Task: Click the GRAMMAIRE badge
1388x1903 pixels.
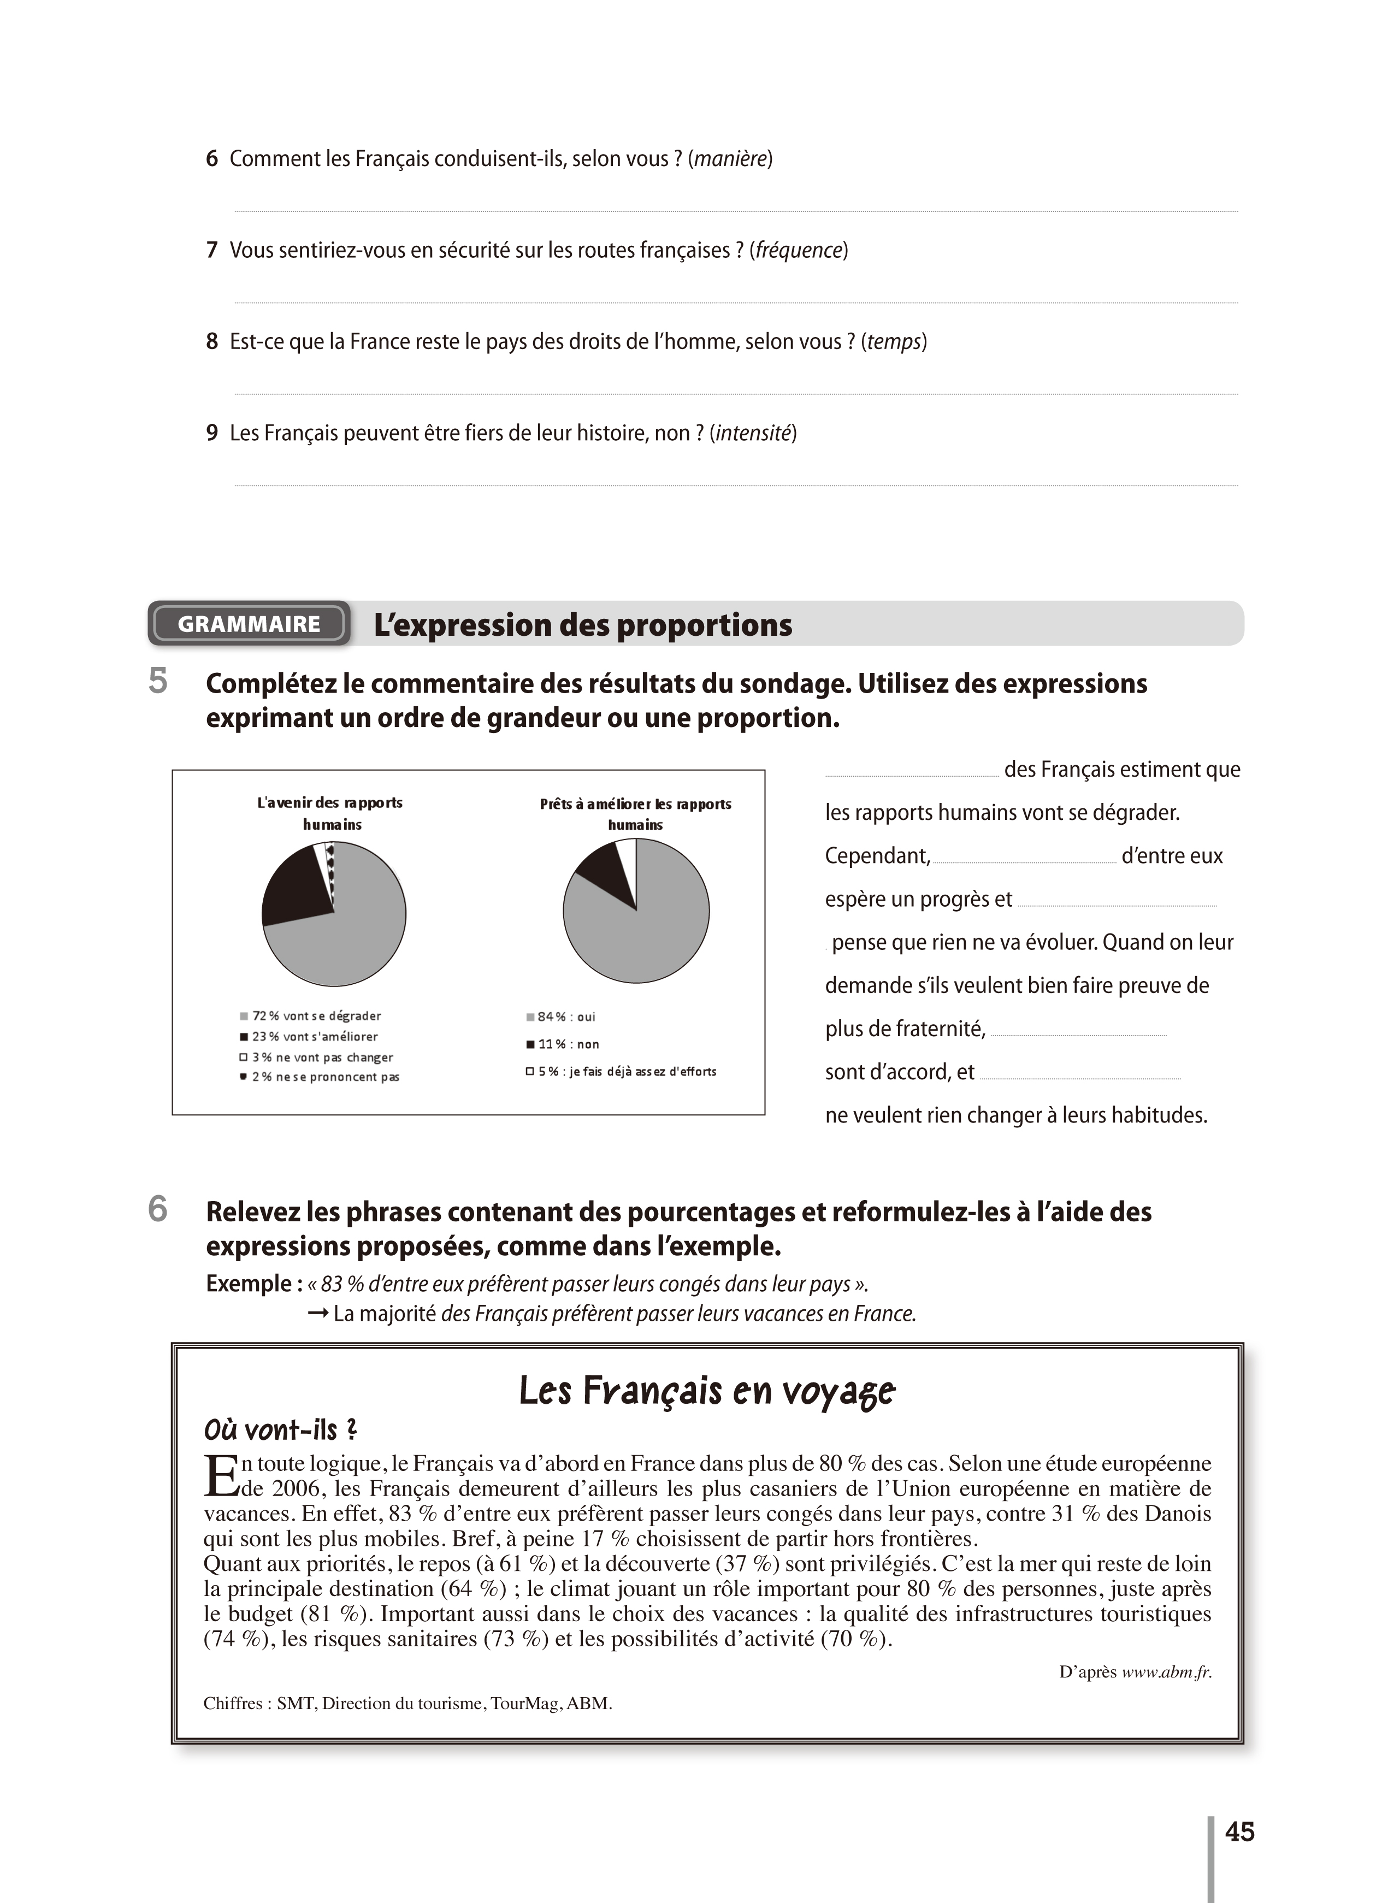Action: tap(249, 624)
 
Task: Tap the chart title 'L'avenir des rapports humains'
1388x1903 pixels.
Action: tap(330, 813)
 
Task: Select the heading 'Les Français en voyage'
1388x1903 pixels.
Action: tap(707, 1391)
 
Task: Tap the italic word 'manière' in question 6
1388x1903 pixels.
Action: tap(730, 159)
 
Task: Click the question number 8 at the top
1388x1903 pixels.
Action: tap(212, 342)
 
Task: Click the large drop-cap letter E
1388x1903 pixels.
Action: tap(221, 1476)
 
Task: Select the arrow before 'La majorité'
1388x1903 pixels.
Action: tap(317, 1313)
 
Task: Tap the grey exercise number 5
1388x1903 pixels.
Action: tap(158, 681)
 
